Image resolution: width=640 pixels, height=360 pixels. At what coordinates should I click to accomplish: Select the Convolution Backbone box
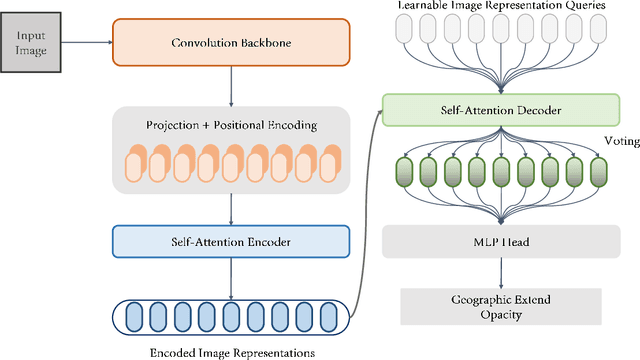click(x=231, y=42)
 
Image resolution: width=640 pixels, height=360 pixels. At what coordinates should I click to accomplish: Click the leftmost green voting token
click(x=404, y=171)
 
